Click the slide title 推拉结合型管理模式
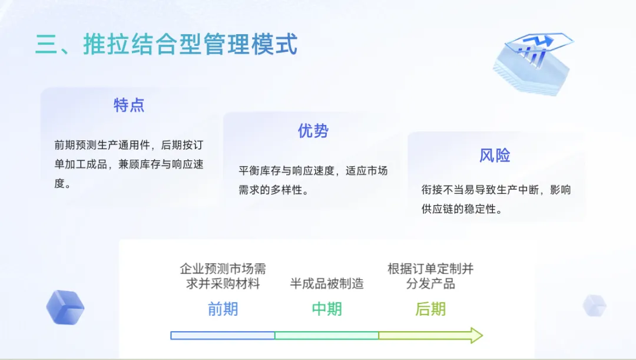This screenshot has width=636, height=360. tap(190, 45)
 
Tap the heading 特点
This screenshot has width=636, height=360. tap(129, 105)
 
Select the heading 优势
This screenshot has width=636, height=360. tap(313, 131)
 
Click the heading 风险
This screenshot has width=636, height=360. tap(495, 156)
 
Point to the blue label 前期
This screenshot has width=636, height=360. tap(223, 309)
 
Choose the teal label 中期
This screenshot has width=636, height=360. tap(326, 309)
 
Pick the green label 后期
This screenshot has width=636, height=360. tap(430, 309)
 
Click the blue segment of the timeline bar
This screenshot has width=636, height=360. tap(223, 335)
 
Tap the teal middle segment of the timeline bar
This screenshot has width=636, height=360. tap(326, 335)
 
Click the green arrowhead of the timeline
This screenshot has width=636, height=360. tap(474, 335)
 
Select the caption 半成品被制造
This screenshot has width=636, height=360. tap(326, 283)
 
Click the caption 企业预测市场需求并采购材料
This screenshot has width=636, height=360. tap(223, 276)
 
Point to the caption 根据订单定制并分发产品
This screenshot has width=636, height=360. tap(430, 276)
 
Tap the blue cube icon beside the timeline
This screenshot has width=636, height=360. tap(65, 308)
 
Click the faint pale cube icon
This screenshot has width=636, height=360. tap(594, 305)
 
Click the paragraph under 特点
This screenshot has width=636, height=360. tap(129, 164)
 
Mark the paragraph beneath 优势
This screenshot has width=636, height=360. tap(313, 180)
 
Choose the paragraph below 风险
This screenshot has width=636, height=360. tap(496, 199)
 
